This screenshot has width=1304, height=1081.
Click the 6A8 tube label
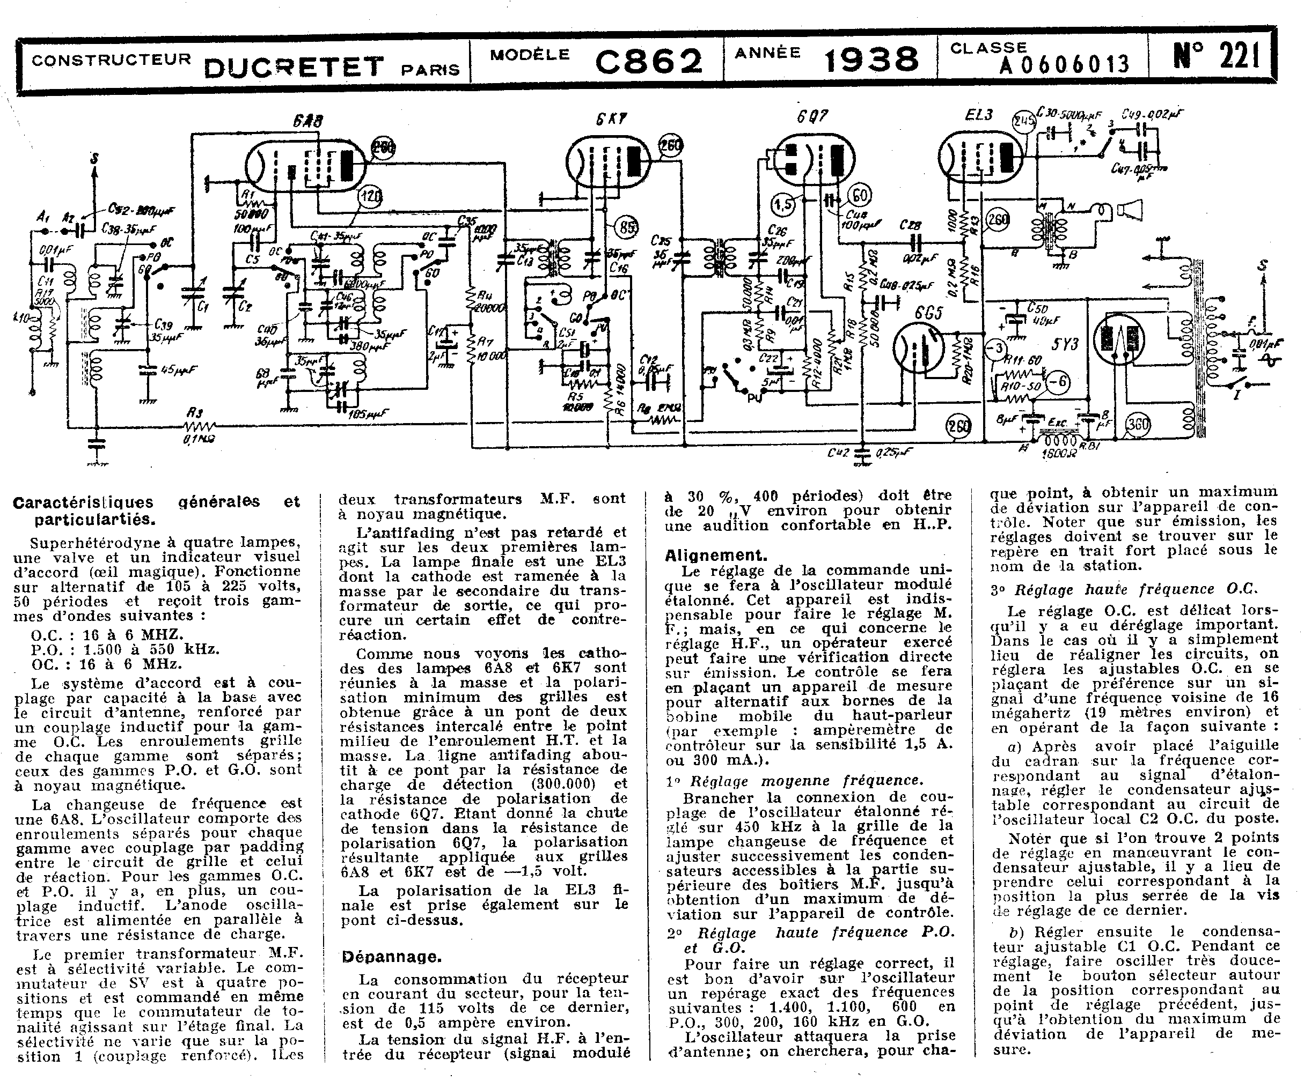point(307,121)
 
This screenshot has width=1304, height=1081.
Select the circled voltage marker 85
point(628,228)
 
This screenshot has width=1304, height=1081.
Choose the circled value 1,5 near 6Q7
point(783,204)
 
